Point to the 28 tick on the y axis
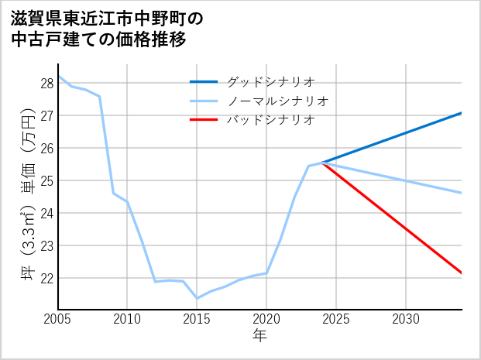46,83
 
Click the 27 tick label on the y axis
46,115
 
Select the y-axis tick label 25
46,180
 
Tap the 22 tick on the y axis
46,278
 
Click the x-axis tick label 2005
58,319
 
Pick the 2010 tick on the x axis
127,319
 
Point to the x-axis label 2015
197,319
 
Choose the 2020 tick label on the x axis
266,319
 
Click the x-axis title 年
260,335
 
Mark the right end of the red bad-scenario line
462,273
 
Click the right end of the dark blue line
462,113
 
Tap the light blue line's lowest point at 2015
197,298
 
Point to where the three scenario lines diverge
322,163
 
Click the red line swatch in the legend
204,120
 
